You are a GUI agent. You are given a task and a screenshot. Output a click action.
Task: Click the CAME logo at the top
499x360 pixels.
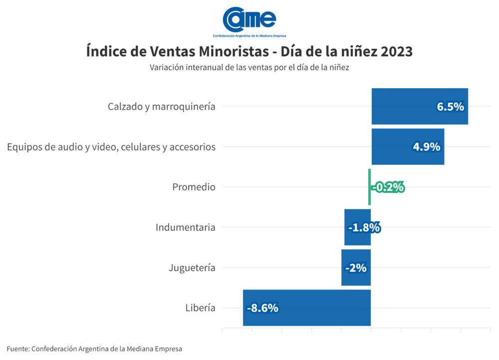point(249,20)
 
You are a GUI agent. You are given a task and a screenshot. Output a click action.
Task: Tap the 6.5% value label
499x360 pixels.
point(450,107)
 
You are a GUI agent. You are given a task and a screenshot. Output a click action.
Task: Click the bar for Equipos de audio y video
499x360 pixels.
point(394,147)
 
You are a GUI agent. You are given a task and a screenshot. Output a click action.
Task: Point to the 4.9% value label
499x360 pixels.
point(426,147)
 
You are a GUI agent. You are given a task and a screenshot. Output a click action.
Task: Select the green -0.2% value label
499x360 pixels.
point(388,187)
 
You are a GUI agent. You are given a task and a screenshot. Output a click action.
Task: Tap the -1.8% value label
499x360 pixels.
point(364,227)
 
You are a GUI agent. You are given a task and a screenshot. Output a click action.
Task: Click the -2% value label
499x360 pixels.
point(356,268)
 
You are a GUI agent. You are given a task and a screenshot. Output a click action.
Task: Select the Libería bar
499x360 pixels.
point(319,308)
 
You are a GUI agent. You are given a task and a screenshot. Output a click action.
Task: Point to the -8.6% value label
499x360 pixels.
point(262,308)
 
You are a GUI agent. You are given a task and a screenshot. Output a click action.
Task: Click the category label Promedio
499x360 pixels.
point(194,187)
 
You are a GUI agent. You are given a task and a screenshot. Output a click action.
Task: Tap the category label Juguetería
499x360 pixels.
point(192,268)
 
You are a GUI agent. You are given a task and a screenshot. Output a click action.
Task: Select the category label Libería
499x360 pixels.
point(200,308)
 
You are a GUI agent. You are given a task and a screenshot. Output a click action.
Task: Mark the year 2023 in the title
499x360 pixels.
point(396,52)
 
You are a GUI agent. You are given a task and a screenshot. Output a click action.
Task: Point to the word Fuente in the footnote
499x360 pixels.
point(17,349)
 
